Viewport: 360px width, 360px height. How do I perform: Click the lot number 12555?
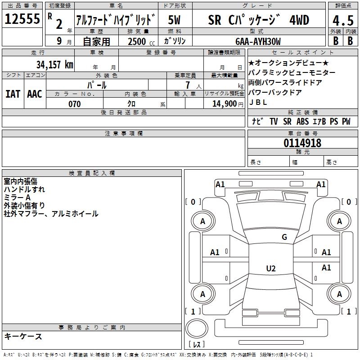[x=22, y=19]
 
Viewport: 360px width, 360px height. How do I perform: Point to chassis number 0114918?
[x=302, y=143]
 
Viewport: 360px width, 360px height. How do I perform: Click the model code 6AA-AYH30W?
[x=258, y=41]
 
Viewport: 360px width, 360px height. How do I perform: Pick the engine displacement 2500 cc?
[x=138, y=41]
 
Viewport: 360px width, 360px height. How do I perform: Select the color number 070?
[x=74, y=104]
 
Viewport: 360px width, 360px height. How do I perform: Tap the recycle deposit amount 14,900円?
[x=224, y=104]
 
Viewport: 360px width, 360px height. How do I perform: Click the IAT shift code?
[x=13, y=94]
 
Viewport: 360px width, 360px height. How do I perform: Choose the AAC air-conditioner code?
[x=35, y=94]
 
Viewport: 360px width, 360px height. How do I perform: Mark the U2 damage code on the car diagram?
[x=270, y=269]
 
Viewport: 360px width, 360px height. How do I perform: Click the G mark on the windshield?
[x=284, y=237]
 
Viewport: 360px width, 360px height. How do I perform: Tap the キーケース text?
[x=23, y=336]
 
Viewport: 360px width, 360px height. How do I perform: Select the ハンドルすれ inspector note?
[x=24, y=189]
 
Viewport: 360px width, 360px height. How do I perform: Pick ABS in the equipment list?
[x=302, y=121]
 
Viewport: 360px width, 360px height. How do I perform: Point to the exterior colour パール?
[x=97, y=85]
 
